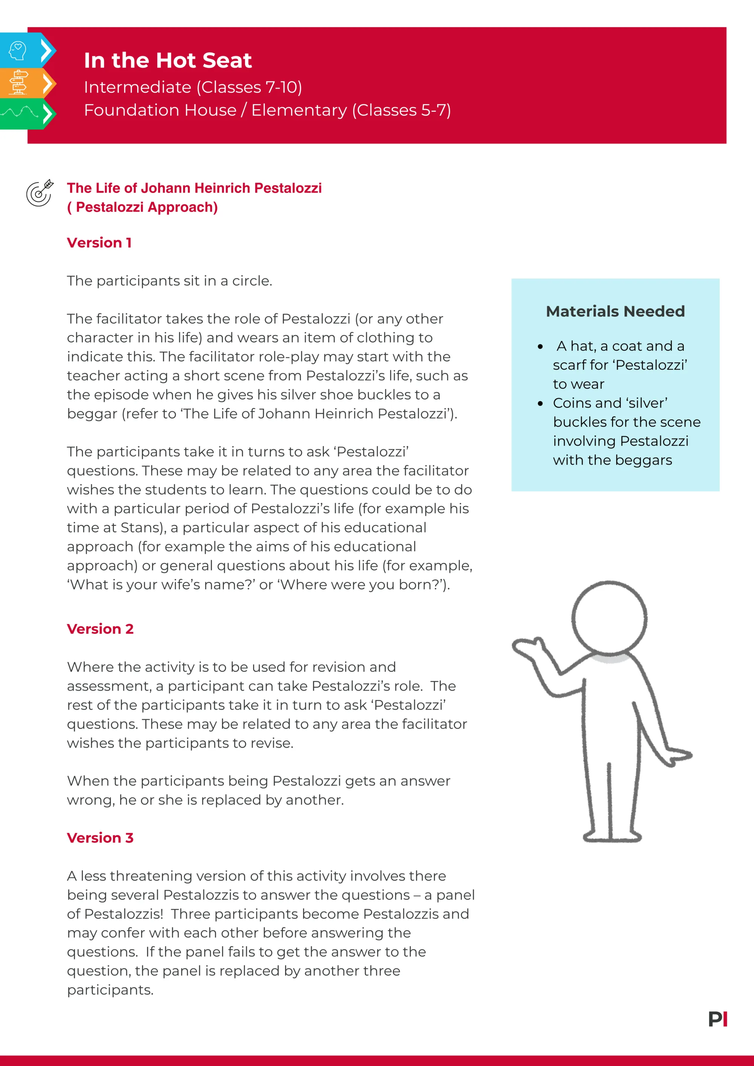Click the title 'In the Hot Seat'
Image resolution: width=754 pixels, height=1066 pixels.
pos(168,60)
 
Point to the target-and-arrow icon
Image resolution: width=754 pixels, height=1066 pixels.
pos(40,193)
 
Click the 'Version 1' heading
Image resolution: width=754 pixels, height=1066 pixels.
pos(100,243)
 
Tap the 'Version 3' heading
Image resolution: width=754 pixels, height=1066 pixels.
pos(100,838)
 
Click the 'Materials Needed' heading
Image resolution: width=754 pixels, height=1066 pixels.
pos(615,311)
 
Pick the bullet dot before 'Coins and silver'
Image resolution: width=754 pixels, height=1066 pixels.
pos(540,404)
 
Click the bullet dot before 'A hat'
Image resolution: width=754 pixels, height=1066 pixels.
pos(540,347)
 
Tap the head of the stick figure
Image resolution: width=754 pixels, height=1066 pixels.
pos(609,618)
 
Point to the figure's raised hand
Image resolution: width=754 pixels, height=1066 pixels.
pos(527,647)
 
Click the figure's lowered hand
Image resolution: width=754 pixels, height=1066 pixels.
pos(678,756)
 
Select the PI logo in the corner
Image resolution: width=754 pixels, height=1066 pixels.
pos(718,1019)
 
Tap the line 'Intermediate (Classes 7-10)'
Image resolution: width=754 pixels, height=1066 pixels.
pos(193,87)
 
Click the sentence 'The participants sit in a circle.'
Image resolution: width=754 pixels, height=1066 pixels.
pos(170,281)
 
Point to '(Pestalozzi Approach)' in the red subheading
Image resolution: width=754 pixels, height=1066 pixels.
pos(143,207)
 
